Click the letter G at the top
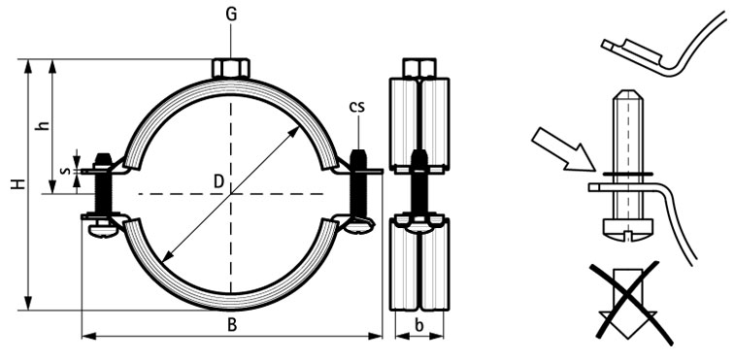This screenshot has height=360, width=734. pyautogui.click(x=231, y=15)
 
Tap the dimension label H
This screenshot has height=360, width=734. pyautogui.click(x=18, y=183)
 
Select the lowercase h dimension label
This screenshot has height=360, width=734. pyautogui.click(x=44, y=125)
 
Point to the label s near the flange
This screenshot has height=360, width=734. pyautogui.click(x=66, y=171)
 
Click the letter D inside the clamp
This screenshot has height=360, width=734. pyautogui.click(x=219, y=181)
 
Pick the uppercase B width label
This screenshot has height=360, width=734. pyautogui.click(x=232, y=325)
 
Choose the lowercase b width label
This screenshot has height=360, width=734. pyautogui.click(x=419, y=325)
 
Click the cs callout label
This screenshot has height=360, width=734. pyautogui.click(x=356, y=107)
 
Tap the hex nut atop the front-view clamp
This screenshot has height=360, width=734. pyautogui.click(x=231, y=68)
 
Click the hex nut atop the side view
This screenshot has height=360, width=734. pyautogui.click(x=419, y=68)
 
